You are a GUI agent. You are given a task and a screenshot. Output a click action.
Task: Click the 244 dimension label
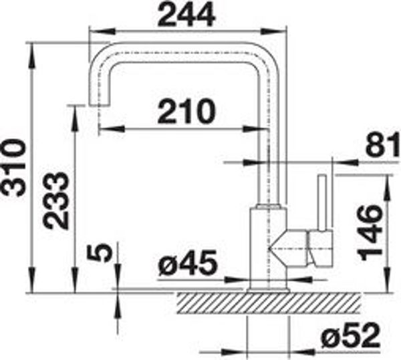click(186, 15)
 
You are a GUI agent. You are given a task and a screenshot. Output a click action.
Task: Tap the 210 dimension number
click(186, 111)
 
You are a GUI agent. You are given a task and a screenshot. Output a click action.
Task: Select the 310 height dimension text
click(13, 168)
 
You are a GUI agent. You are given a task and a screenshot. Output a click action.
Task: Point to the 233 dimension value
click(56, 200)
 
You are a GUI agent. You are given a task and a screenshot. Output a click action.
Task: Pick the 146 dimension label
click(370, 232)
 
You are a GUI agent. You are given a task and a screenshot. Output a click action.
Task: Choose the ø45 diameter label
click(188, 263)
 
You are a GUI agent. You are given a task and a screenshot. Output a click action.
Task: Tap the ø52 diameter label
click(351, 335)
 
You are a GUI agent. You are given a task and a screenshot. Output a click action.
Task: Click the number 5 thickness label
click(100, 252)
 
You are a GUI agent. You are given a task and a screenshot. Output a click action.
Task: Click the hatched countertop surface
click(269, 303)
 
